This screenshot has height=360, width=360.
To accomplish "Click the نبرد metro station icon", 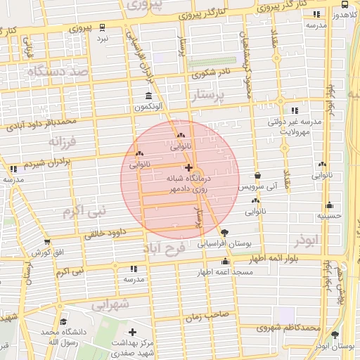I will (x=103, y=27).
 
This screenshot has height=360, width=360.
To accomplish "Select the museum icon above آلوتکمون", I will (x=148, y=96).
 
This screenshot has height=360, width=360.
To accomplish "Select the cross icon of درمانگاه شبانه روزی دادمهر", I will (x=188, y=167).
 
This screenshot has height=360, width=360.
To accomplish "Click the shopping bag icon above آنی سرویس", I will (x=258, y=176).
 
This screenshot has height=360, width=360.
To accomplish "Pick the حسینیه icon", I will (x=329, y=205).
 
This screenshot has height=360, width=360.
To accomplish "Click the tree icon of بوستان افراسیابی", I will (x=224, y=233).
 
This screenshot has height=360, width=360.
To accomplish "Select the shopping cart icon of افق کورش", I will (x=47, y=241).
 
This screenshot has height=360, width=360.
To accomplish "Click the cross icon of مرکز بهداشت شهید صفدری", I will (x=132, y=331).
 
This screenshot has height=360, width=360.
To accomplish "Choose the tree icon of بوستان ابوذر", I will (x=335, y=335).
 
